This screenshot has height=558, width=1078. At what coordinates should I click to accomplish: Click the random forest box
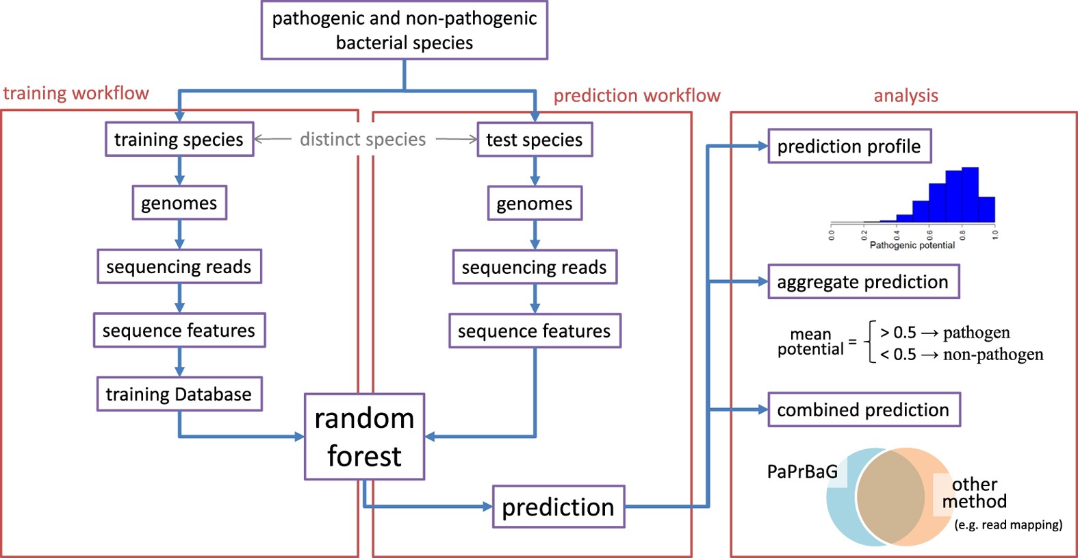click(364, 437)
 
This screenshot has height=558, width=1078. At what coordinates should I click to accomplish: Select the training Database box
click(179, 394)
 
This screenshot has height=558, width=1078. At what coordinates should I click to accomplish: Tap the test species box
click(535, 140)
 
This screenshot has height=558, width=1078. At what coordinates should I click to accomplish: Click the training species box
click(179, 140)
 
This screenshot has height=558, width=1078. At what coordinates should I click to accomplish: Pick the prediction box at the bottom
click(559, 507)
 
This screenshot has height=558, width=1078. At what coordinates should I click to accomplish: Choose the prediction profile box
click(849, 146)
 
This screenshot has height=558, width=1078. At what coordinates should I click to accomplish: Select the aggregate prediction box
click(863, 281)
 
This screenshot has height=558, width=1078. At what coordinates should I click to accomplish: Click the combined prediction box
click(864, 409)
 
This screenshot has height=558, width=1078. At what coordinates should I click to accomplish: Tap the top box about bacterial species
click(405, 30)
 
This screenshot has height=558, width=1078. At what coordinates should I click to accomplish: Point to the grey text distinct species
click(363, 140)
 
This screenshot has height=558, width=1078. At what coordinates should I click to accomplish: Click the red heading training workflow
click(76, 93)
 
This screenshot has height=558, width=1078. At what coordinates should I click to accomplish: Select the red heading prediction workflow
click(637, 95)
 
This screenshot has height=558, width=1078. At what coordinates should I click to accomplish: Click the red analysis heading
click(906, 95)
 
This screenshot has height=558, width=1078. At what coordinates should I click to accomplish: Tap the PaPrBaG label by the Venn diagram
click(802, 472)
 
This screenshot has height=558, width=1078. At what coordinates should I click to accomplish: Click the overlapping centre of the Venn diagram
click(890, 497)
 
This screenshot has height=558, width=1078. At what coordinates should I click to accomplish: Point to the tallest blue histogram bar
click(970, 195)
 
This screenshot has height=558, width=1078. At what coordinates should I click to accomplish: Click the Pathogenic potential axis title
click(912, 245)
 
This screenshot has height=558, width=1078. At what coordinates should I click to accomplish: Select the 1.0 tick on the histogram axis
click(994, 234)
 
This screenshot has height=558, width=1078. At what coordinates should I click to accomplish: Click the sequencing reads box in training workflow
click(179, 266)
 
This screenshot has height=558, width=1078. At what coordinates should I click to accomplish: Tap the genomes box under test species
click(535, 203)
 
